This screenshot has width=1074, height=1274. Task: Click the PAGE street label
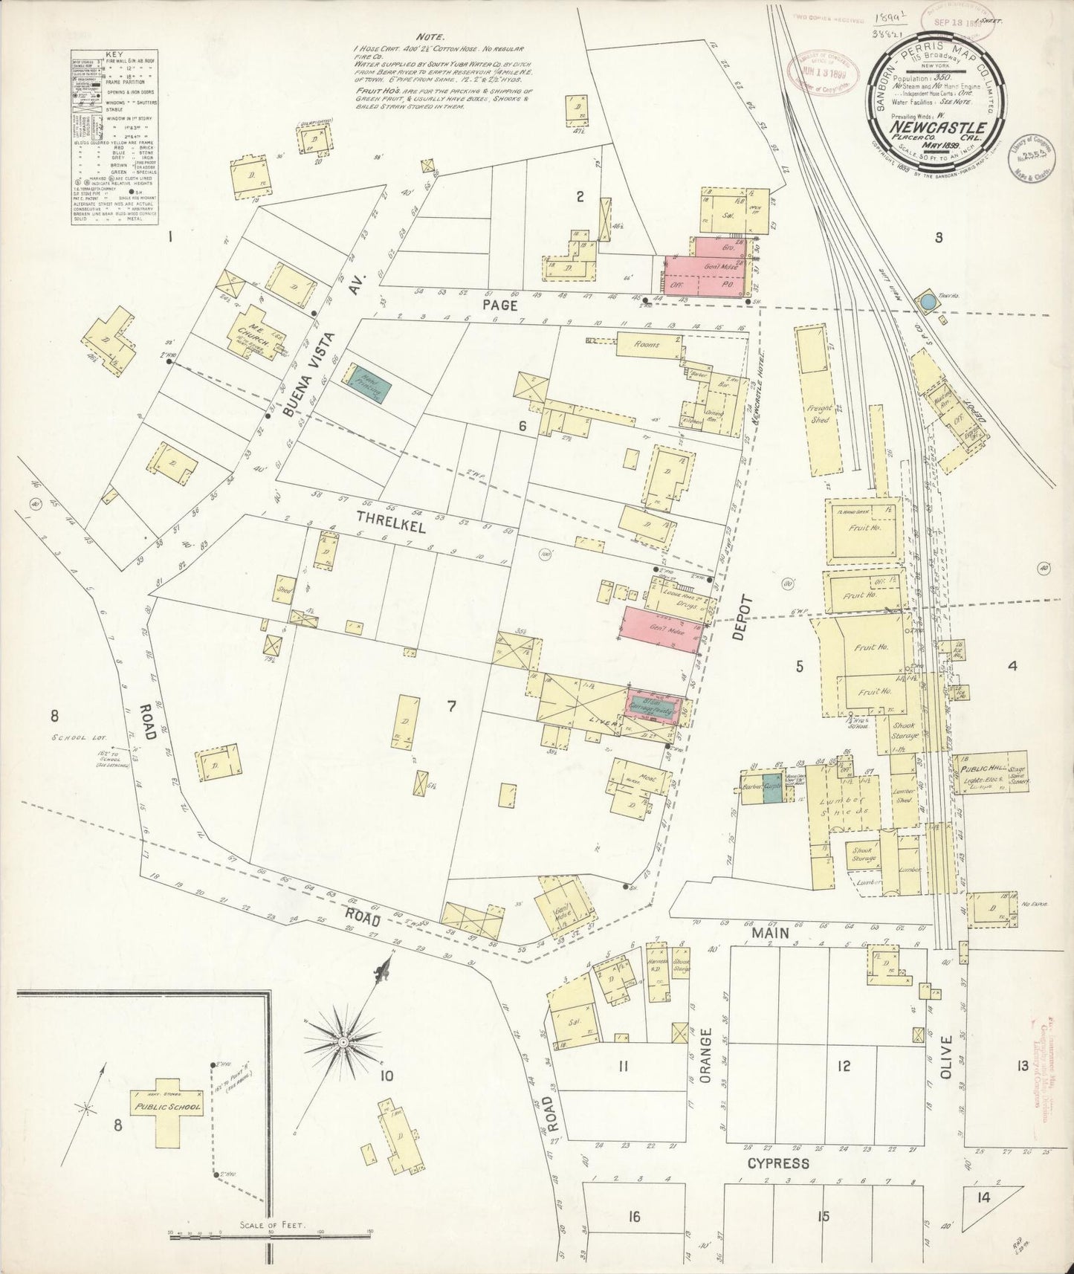[499, 305]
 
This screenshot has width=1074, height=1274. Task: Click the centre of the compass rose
[343, 1043]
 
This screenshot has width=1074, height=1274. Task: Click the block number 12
[843, 1067]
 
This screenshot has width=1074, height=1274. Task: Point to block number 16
[633, 1216]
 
